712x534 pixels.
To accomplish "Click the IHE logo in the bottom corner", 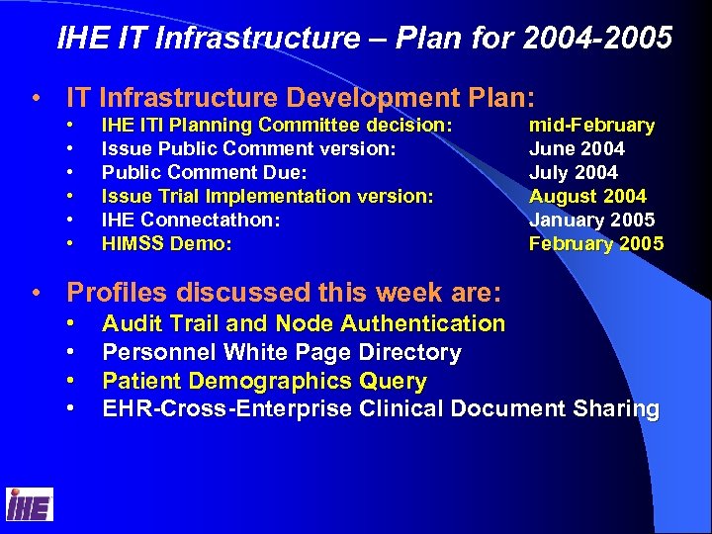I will point(29,504).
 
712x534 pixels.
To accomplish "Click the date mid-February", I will point(591,126).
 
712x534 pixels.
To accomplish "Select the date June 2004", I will point(577,149).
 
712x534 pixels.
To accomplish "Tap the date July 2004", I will point(574,173).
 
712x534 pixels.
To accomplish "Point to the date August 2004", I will point(587,197).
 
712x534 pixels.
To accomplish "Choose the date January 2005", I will point(591,220).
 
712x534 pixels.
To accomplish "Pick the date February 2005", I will point(596,243).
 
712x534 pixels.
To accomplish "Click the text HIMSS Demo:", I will point(167,243).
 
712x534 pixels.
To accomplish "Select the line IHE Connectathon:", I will point(191,220).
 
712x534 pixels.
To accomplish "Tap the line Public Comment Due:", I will point(205,173).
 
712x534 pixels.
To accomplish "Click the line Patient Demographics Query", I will point(264,382).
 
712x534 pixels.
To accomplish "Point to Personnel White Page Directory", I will point(282,353).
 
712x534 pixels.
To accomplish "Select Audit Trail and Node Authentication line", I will point(304,323).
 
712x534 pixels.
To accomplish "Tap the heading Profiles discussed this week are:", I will point(284,293).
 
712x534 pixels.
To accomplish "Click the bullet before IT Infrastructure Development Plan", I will point(38,99).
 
